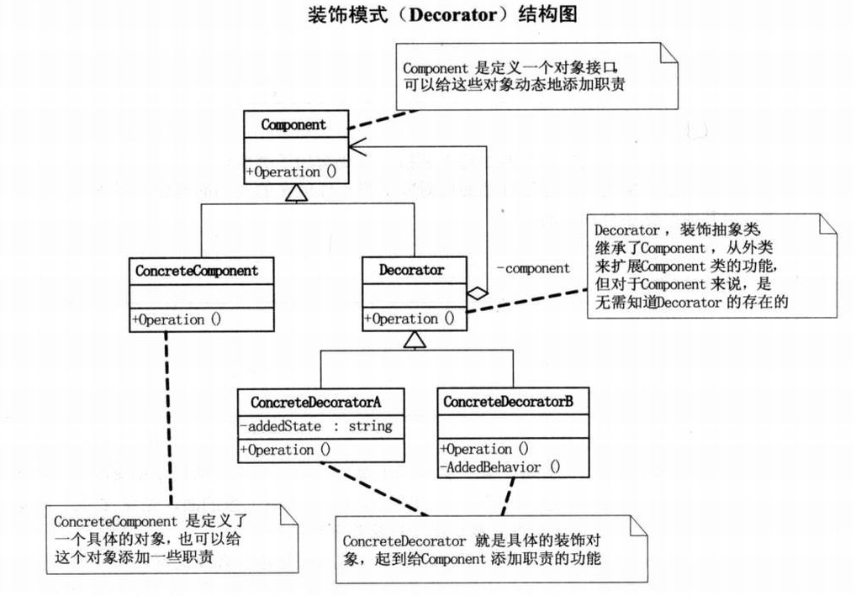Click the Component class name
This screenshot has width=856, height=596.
point(293,124)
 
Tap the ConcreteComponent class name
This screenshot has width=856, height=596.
point(197,272)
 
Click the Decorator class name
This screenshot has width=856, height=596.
point(411,271)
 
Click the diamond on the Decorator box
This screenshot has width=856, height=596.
point(477,293)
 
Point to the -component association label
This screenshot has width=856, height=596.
point(533,268)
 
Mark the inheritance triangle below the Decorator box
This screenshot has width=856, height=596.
point(412,340)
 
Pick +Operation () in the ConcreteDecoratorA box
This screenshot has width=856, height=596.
point(286,450)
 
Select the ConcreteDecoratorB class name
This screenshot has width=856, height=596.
point(508,402)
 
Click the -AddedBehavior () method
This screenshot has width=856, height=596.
point(501,467)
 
